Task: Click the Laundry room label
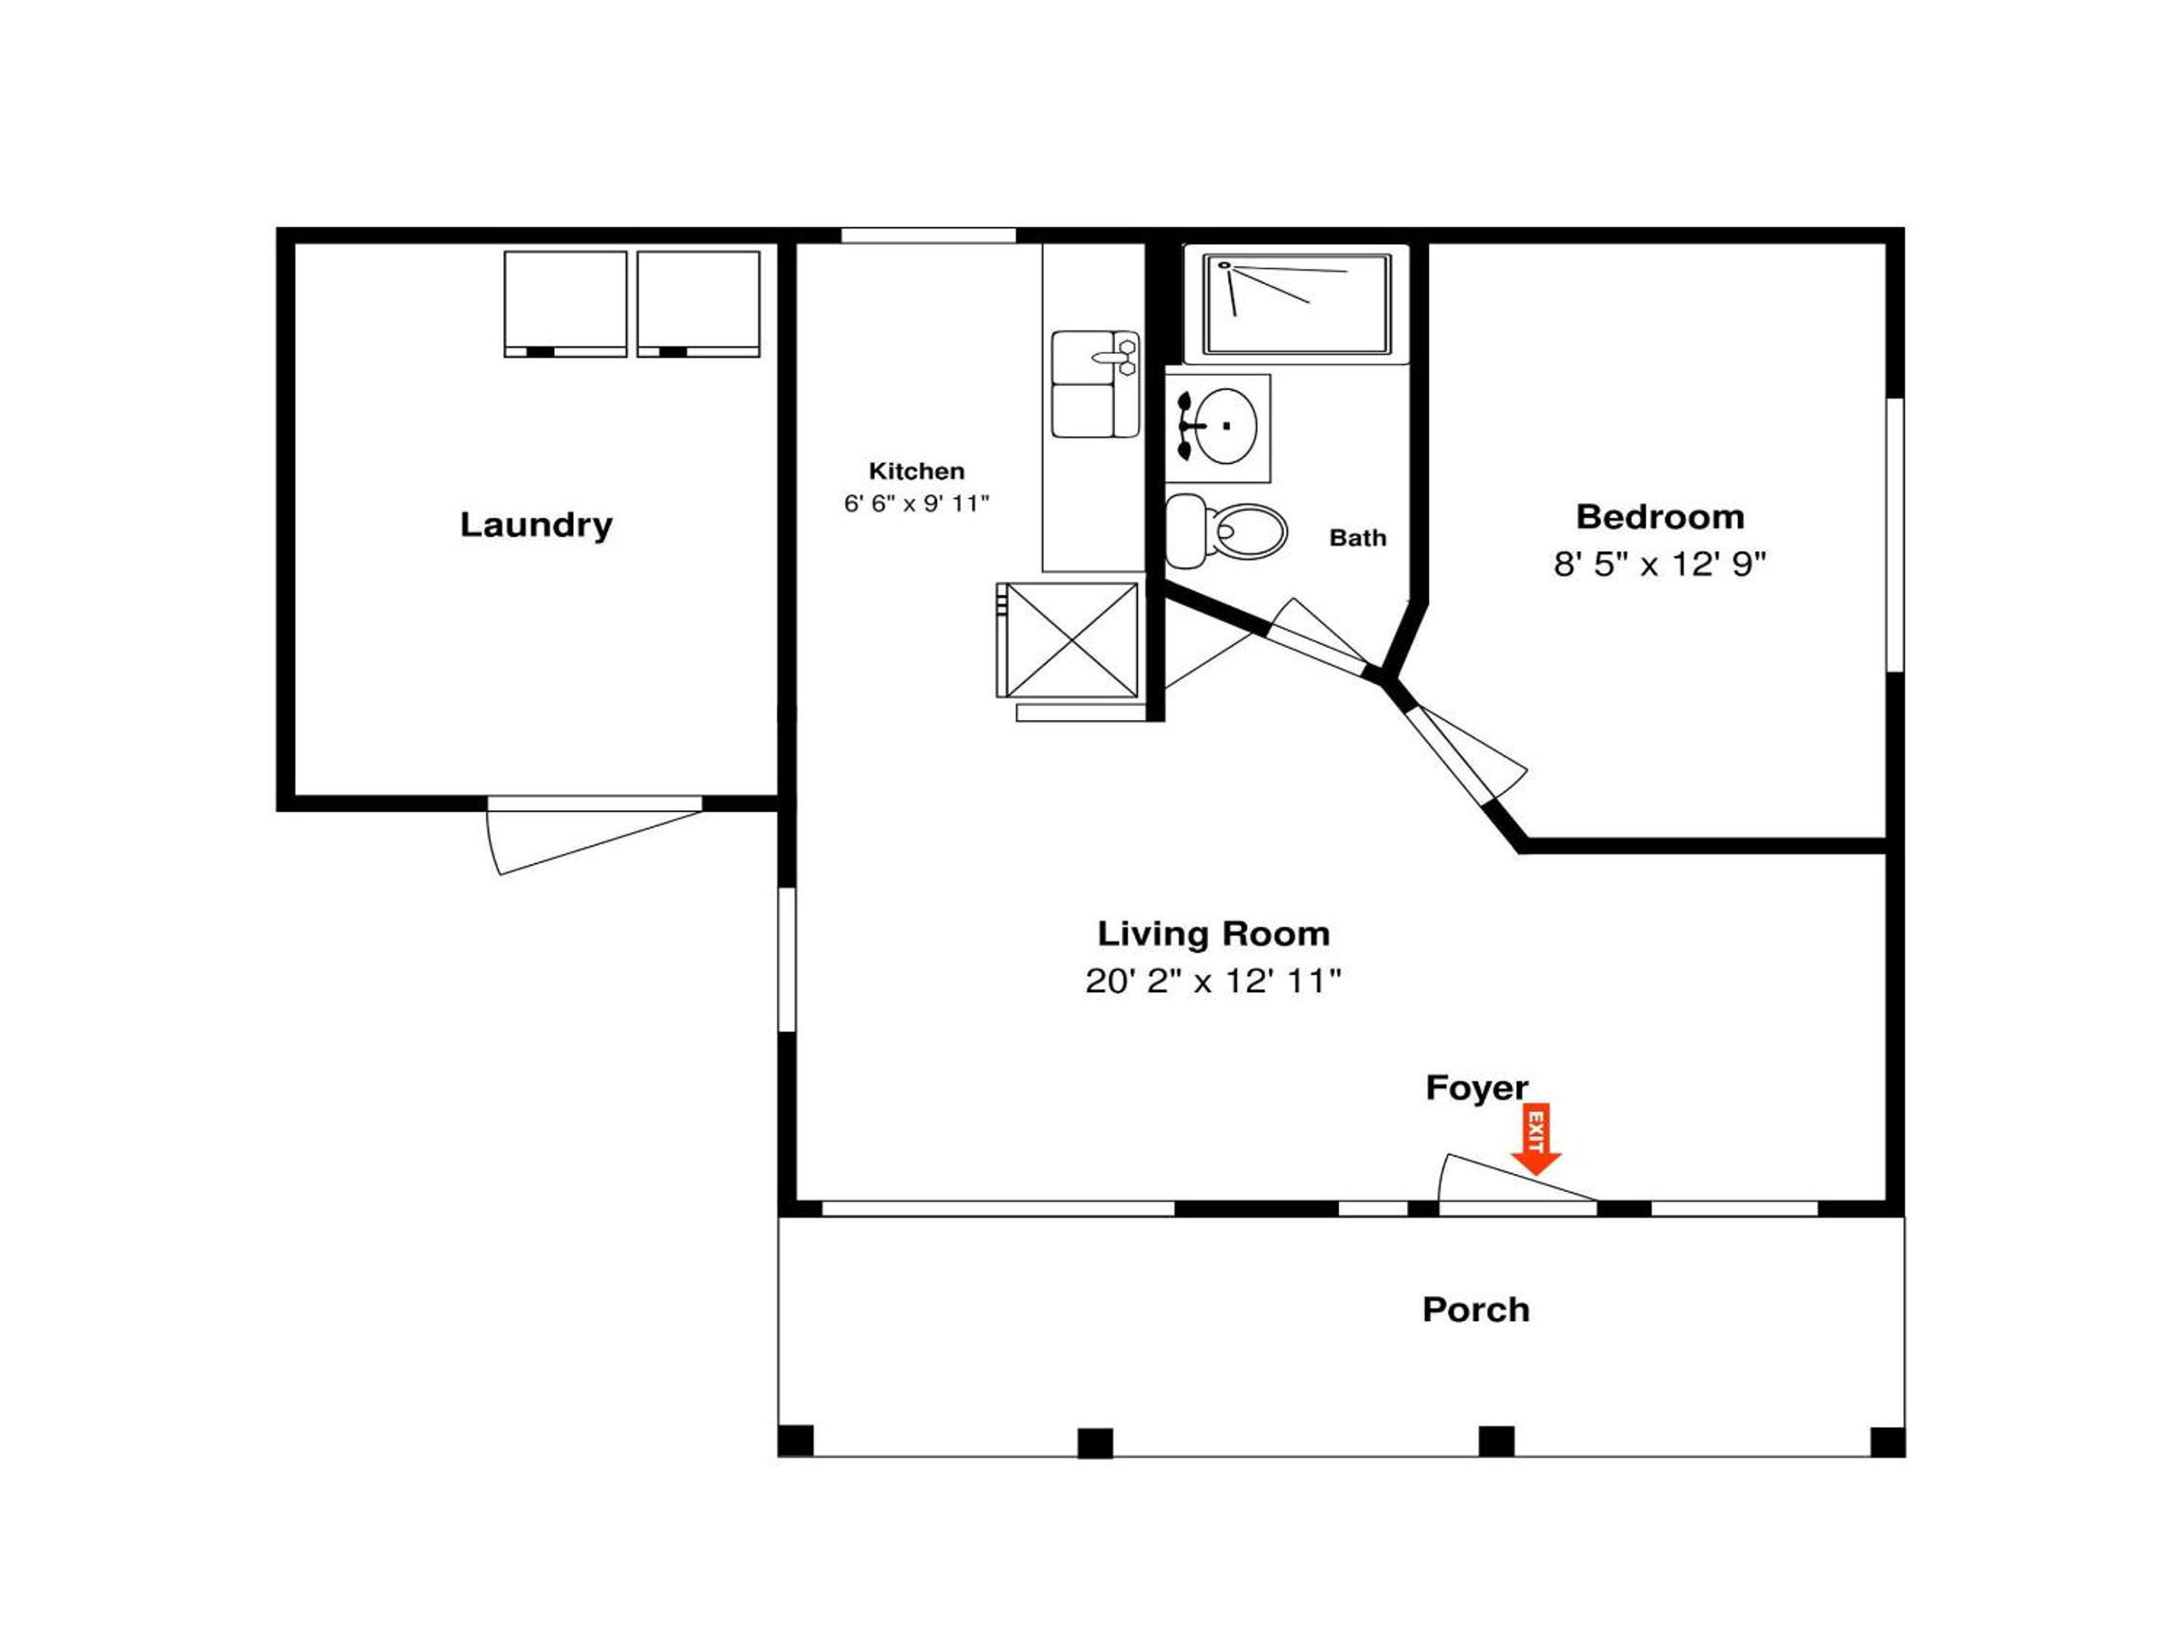click(536, 525)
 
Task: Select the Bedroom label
click(1660, 516)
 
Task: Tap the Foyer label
click(1477, 1088)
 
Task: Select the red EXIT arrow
click(1536, 1138)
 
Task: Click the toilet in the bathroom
click(1226, 531)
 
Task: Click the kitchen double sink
click(1095, 383)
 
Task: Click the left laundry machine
click(565, 304)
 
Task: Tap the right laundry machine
click(699, 304)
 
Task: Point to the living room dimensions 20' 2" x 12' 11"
click(1214, 981)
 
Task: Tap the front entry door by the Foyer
click(1517, 1180)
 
